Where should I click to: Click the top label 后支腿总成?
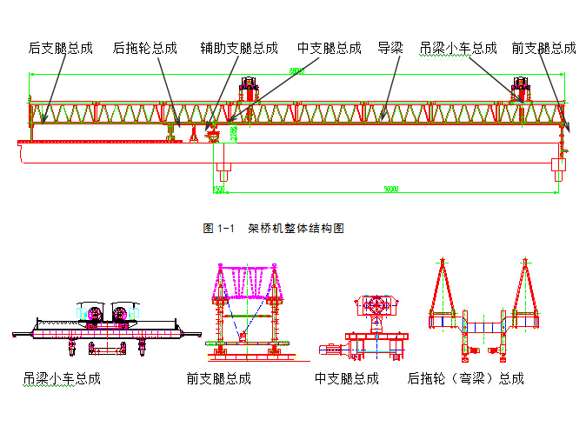(60, 49)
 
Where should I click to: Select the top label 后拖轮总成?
(144, 49)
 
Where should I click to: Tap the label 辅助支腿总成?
(238, 49)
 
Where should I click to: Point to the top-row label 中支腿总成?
(329, 49)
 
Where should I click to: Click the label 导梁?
(390, 49)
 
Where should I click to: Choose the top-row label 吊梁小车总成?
(458, 49)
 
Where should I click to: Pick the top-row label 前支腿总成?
(543, 49)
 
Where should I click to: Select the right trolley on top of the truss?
(522, 90)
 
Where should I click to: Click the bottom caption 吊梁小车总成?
(62, 379)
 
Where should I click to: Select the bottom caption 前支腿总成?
(218, 379)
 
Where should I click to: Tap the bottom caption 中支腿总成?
(347, 379)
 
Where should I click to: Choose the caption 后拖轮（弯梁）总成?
(466, 379)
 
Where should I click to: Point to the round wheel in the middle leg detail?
(376, 307)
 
